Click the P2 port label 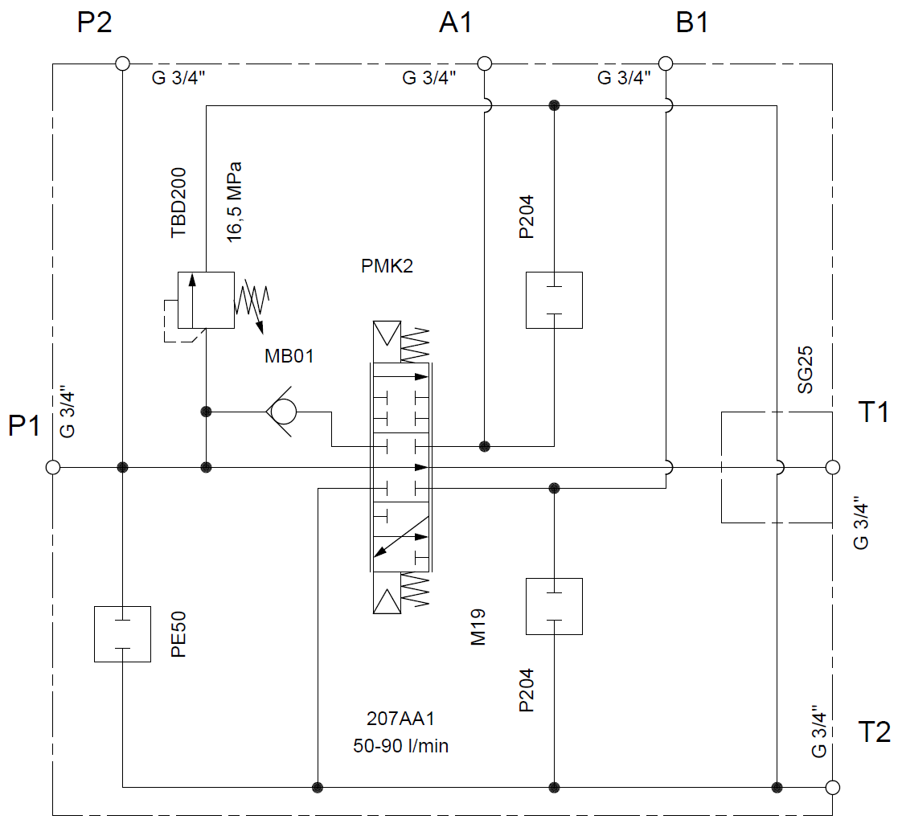coord(94,23)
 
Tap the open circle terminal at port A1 coord(484,64)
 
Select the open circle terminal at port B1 coord(665,64)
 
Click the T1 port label coord(874,412)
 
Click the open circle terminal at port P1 coord(53,467)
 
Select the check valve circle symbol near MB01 coord(282,412)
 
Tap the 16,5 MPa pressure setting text coord(234,201)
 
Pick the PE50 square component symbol coord(122,634)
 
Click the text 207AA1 coord(400,719)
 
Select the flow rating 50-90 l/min coord(400,746)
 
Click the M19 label coord(480,627)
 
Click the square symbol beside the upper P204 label coord(554,300)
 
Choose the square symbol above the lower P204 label coord(554,606)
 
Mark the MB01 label coord(289,356)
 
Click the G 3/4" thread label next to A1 coord(429,79)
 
